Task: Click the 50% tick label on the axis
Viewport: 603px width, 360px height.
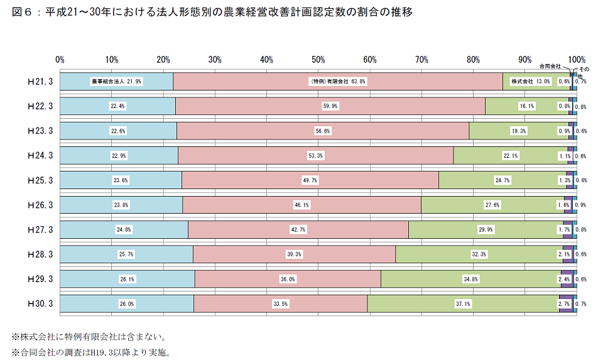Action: (318, 60)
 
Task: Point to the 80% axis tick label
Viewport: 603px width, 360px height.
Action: (473, 60)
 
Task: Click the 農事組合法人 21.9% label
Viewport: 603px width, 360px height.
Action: (117, 82)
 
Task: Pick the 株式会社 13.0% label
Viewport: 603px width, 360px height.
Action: (530, 82)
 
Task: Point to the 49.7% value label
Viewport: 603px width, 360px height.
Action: (310, 180)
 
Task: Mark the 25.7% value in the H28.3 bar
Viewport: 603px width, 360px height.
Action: (127, 254)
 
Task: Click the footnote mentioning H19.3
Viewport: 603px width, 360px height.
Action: (90, 352)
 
